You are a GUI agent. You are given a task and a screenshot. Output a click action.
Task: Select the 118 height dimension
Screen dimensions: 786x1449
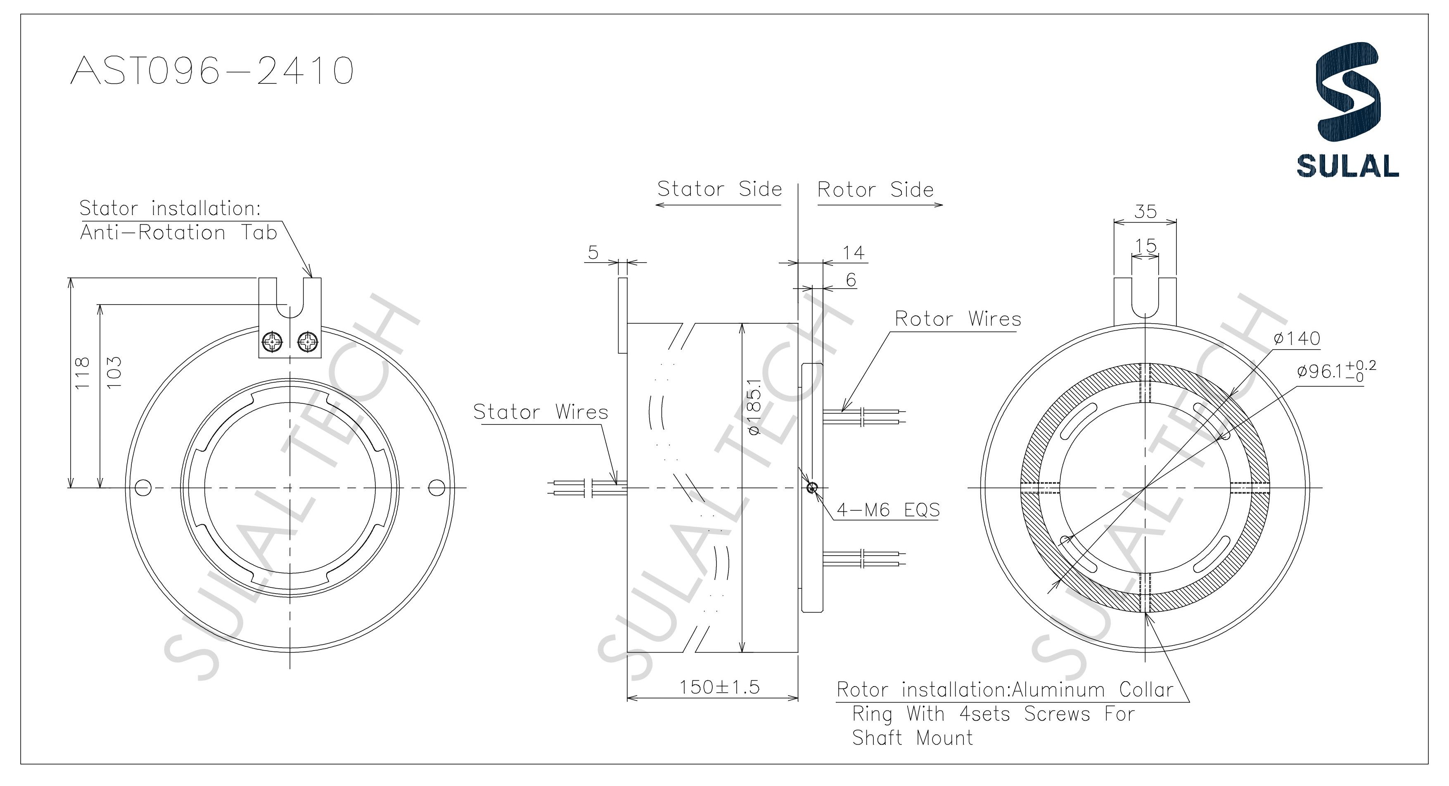pyautogui.click(x=82, y=372)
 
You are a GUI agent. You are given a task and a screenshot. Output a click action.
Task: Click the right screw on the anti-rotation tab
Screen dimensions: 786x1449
pyautogui.click(x=308, y=341)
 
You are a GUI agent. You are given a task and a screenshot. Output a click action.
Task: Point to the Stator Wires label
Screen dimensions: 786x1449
pyautogui.click(x=540, y=412)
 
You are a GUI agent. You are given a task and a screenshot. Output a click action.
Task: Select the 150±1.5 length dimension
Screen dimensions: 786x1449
pyautogui.click(x=719, y=687)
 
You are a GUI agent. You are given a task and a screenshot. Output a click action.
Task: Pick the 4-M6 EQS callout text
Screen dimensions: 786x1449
pyautogui.click(x=888, y=510)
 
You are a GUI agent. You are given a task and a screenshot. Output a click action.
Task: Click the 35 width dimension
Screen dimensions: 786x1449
pyautogui.click(x=1145, y=211)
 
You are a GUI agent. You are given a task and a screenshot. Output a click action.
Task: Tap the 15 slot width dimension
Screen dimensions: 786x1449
pyautogui.click(x=1145, y=246)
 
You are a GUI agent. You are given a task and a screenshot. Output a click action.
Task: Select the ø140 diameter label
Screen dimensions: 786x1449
pyautogui.click(x=1297, y=339)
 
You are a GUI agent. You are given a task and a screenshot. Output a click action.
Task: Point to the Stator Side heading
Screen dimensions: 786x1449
pyautogui.click(x=719, y=189)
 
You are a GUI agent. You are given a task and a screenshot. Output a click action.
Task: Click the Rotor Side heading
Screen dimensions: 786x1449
pyautogui.click(x=875, y=190)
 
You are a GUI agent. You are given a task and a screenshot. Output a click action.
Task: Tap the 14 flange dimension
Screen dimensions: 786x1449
pyautogui.click(x=853, y=253)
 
